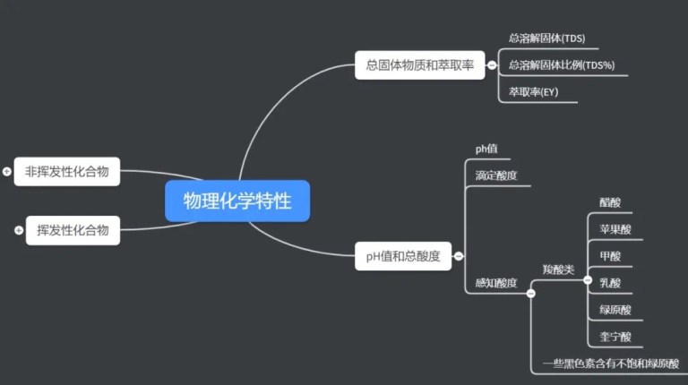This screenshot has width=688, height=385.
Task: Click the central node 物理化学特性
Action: coord(237,201)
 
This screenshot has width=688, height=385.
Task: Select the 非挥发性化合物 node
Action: coord(67,171)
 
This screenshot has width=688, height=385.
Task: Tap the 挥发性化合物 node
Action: coord(73,230)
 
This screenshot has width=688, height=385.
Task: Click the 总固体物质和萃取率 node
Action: coord(419,64)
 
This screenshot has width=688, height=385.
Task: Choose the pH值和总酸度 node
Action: coord(403,256)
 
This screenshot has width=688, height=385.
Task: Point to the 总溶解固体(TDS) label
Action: coord(546,38)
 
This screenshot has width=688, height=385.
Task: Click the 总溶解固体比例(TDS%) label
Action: coord(562,65)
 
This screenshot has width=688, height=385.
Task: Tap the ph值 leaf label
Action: coord(486,149)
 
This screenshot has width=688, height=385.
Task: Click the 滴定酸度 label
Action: coord(496,175)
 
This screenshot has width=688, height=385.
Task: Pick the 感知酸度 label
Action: coord(496,283)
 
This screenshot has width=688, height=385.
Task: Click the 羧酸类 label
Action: coord(558,269)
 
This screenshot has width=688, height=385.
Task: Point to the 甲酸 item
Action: coord(610,256)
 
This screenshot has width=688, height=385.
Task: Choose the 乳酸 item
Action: coord(610,283)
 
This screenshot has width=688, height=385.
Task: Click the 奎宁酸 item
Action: coord(615,337)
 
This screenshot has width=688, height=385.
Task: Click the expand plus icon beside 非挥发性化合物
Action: coord(7,171)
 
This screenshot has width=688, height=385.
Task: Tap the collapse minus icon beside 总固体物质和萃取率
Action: coord(492,64)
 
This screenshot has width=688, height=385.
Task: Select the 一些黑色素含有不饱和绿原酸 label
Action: coord(610,364)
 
